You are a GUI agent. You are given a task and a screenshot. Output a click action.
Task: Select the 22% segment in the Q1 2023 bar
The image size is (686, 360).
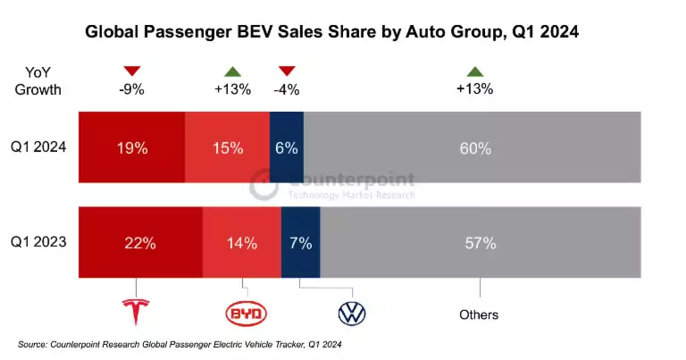(140, 242)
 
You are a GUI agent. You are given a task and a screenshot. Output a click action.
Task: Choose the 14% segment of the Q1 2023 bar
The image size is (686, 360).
(241, 242)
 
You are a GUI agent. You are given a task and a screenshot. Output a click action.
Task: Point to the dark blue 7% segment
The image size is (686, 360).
(300, 242)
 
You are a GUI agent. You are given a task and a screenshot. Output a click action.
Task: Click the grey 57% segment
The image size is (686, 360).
(480, 242)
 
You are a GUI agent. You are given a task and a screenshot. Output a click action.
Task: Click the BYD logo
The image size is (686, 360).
(246, 313)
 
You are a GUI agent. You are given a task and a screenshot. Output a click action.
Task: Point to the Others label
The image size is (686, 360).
(479, 314)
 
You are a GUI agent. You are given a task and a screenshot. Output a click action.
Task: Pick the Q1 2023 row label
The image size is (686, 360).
(39, 242)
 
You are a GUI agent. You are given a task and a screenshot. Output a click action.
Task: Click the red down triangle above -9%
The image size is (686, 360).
(133, 71)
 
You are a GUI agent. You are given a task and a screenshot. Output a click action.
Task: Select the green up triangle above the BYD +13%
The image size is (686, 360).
(232, 71)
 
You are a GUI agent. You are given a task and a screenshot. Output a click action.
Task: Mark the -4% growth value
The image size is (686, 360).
(287, 88)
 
